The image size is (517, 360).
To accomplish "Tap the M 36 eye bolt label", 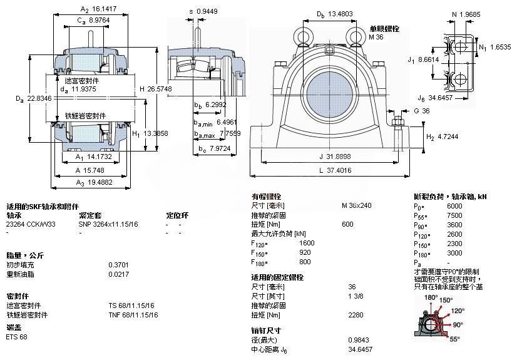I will click(x=376, y=38).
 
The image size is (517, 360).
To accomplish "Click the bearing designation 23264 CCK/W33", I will click(x=31, y=224).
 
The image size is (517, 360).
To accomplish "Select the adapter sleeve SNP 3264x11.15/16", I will click(x=108, y=224).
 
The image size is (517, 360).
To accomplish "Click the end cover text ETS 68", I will click(x=17, y=337).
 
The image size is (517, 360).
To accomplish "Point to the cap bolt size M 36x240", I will click(x=356, y=205).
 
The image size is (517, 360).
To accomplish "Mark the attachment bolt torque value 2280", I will click(x=355, y=315).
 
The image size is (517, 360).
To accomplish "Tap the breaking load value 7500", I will click(x=454, y=215).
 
